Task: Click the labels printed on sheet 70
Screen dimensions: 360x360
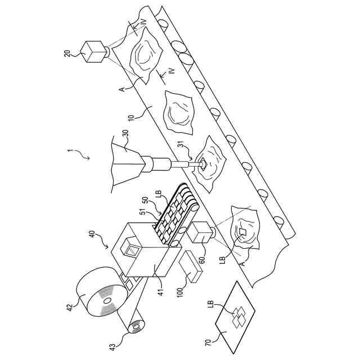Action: pyautogui.click(x=240, y=316)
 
